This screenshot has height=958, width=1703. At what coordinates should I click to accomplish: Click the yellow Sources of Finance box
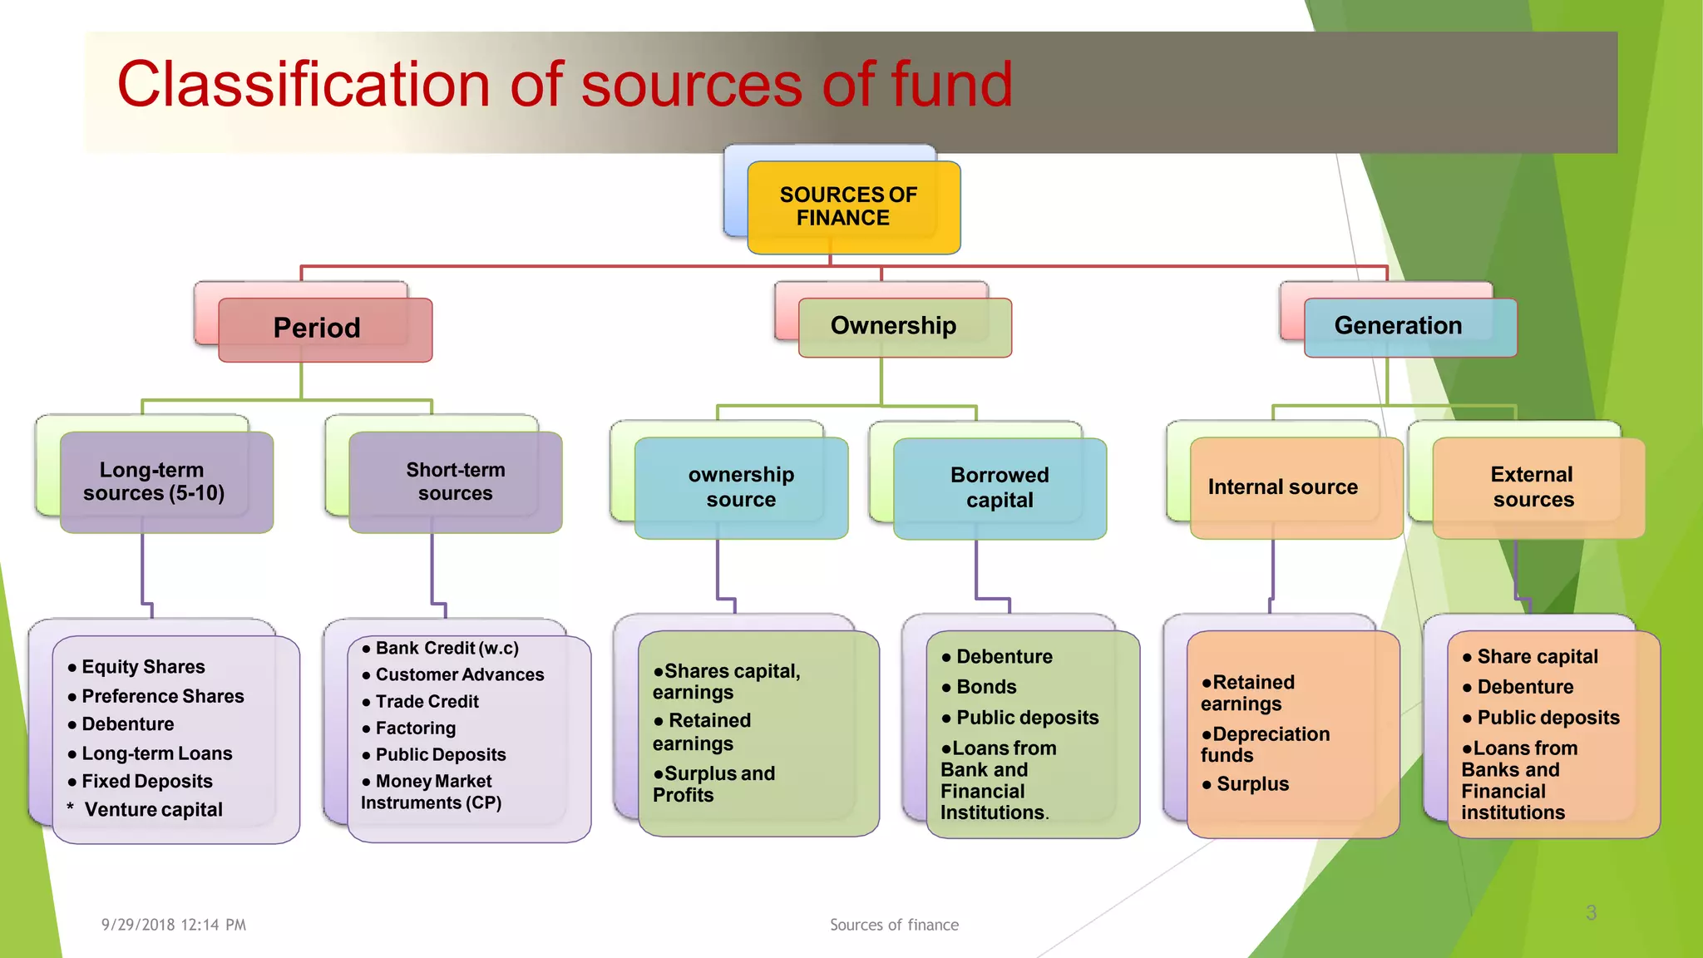click(x=853, y=207)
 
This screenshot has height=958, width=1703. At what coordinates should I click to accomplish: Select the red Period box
click(x=324, y=329)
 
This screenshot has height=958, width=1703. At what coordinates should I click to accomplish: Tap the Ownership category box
click(x=904, y=327)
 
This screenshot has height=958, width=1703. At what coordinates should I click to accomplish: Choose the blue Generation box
click(x=1409, y=327)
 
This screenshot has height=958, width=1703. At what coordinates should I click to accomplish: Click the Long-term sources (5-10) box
click(x=165, y=481)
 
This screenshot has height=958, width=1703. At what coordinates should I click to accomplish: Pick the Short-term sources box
click(x=455, y=481)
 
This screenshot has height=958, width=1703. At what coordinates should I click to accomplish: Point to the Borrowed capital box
click(x=1000, y=487)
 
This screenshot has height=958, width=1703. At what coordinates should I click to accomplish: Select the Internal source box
click(x=1295, y=487)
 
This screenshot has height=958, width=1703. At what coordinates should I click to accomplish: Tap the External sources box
click(x=1538, y=487)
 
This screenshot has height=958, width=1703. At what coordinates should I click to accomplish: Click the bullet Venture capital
click(x=153, y=810)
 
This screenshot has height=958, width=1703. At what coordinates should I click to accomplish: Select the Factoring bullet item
click(x=415, y=728)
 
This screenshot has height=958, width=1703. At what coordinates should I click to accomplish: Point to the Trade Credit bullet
click(x=427, y=702)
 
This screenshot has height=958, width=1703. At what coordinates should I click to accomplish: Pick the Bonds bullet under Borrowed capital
click(x=986, y=687)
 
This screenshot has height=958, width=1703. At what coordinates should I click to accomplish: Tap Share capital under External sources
click(x=1537, y=657)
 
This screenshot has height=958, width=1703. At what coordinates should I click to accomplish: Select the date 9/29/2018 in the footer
click(x=138, y=925)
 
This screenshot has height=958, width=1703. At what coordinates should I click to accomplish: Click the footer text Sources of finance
click(x=894, y=925)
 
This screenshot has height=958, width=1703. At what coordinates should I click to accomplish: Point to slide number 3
click(x=1591, y=913)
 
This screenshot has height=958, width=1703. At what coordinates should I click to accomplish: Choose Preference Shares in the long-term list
click(x=162, y=696)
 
